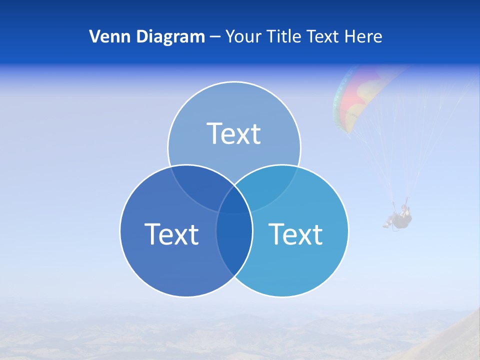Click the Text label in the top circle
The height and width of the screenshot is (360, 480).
pyautogui.click(x=234, y=133)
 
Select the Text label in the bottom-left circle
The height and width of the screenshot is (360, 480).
pyautogui.click(x=171, y=234)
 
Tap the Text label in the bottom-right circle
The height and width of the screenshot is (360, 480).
pyautogui.click(x=296, y=234)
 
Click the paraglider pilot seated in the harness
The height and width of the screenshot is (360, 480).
pyautogui.click(x=402, y=218)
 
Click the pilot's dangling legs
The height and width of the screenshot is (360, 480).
pyautogui.click(x=389, y=223)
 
